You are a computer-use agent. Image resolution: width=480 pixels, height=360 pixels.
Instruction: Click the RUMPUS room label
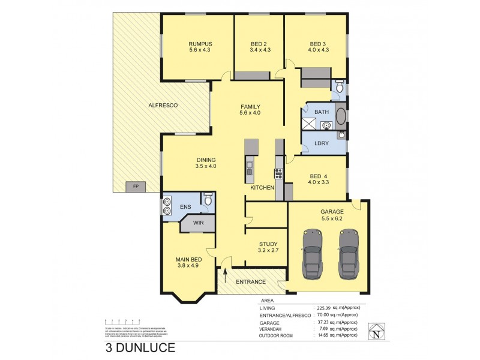200,44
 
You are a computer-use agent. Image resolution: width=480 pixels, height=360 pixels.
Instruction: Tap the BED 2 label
259,44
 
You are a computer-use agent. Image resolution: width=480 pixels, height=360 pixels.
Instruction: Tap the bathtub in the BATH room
341,116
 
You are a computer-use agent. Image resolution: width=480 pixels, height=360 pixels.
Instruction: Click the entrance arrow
225,277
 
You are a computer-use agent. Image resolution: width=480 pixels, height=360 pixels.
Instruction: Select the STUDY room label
267,244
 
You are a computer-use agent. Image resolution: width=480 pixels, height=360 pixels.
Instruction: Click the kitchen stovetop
278,174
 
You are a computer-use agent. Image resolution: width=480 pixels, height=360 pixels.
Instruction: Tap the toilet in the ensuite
208,201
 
